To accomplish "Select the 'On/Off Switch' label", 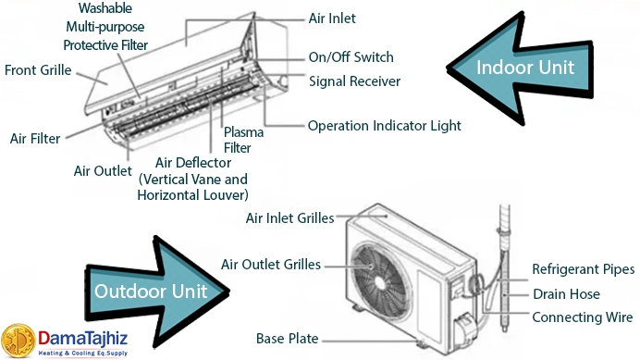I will click(x=351, y=56).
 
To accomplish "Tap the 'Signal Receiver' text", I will click(x=354, y=81).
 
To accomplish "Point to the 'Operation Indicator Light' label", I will click(x=384, y=125).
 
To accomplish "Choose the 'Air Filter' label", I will click(x=34, y=139).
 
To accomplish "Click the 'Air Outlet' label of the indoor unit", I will click(x=103, y=171).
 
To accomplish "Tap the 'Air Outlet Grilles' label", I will click(x=271, y=265).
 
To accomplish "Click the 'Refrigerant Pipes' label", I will click(x=583, y=269).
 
